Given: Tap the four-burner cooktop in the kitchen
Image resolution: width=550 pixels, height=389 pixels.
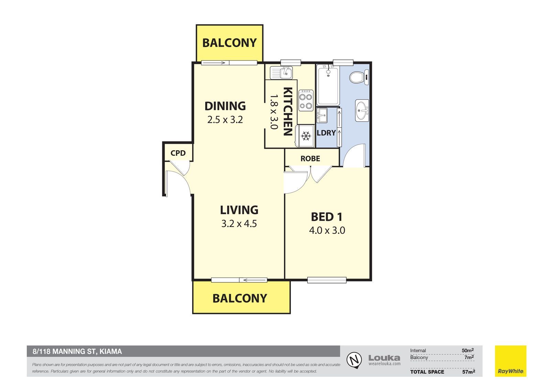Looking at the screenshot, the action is coord(306,100).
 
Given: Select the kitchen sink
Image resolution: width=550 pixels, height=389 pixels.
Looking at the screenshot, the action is coord(281,73).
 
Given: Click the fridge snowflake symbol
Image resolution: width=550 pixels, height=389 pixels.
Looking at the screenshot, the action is coord(306,136).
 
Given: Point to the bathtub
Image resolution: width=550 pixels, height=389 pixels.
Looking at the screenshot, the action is coord(328,85).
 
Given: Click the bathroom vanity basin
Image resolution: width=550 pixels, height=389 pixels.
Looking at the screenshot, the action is coord(362,111).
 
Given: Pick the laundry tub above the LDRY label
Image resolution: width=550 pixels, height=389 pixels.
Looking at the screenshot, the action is coord(322,115).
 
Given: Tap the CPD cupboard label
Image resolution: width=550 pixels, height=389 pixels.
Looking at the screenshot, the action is coord(178,153).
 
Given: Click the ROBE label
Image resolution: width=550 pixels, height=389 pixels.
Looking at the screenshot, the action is coord(310,159).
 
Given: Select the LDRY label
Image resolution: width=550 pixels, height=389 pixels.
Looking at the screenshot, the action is coord(326,133).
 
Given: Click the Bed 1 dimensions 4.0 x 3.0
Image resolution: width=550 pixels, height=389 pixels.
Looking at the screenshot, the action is coord(327,230).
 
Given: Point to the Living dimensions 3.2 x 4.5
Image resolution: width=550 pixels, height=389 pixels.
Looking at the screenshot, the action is coord(239,224).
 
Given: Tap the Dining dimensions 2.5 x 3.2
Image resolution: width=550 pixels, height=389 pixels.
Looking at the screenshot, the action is coord(225,120).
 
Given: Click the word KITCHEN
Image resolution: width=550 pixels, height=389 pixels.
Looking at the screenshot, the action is coord(287,111).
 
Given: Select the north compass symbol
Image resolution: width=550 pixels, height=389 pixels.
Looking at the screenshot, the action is coord(354,360).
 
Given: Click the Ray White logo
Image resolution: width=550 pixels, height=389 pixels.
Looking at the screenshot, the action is coord(510,361).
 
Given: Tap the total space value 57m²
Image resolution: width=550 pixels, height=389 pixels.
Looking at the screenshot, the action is coord(469,371).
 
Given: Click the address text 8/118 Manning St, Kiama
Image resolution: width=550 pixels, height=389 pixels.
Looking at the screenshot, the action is coord(77,352).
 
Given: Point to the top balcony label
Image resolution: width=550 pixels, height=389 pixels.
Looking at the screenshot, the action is coord(229,43).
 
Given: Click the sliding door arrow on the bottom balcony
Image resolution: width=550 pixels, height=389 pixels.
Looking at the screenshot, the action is coord(253,280).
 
